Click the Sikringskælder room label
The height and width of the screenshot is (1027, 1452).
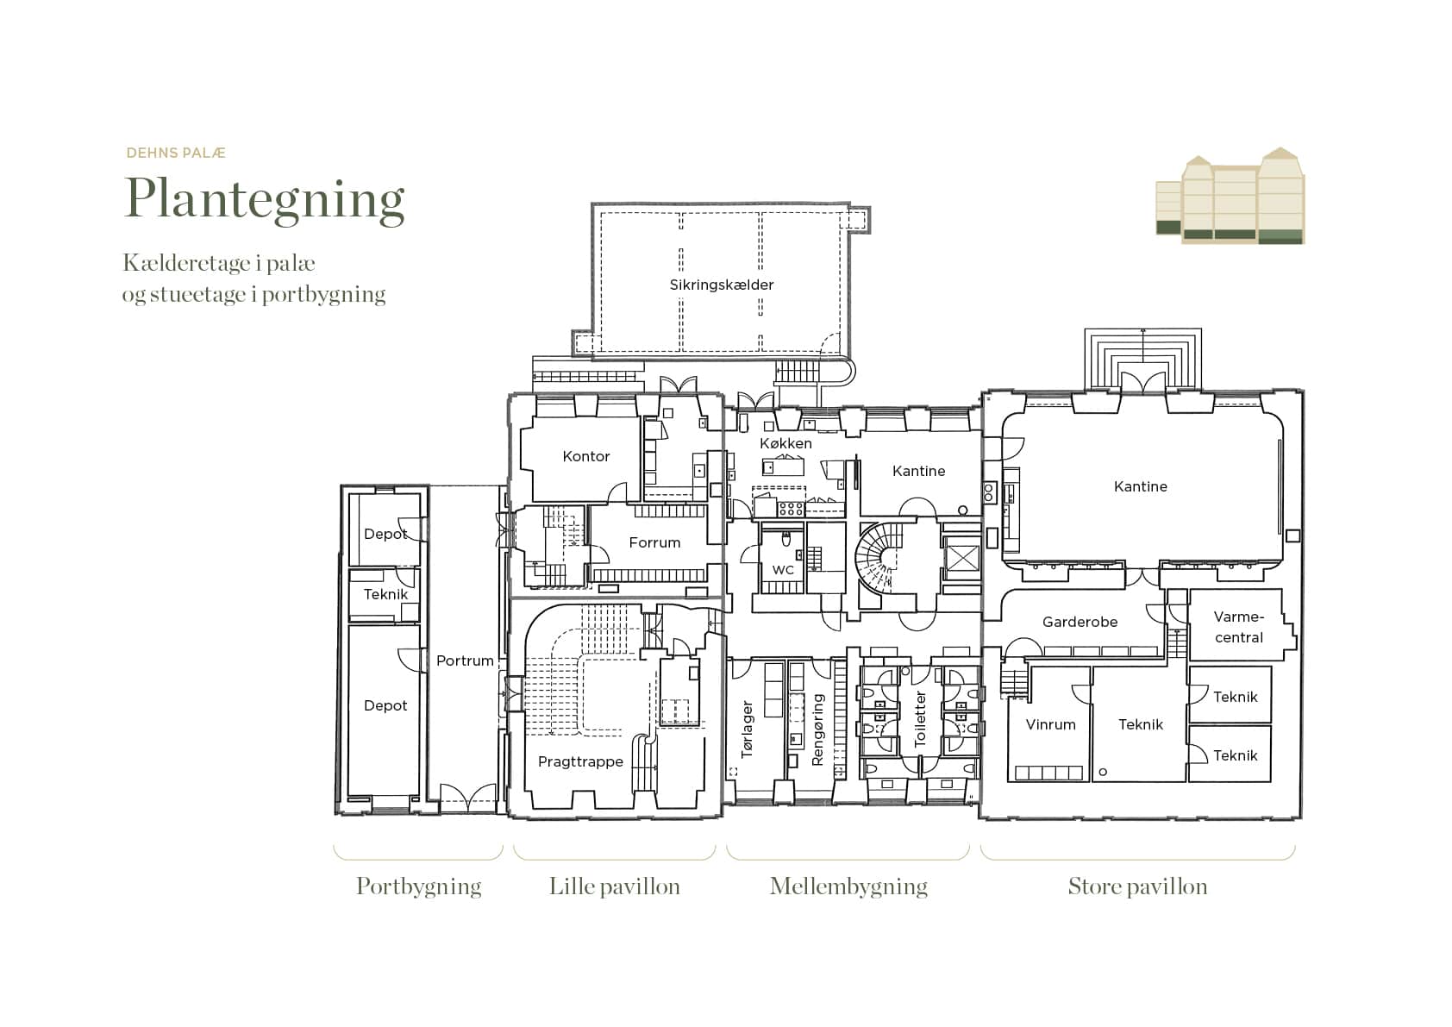point(722,285)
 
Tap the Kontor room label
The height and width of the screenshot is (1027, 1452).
point(586,456)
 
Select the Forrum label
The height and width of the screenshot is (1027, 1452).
point(654,542)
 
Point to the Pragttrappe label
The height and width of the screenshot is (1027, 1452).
point(581,761)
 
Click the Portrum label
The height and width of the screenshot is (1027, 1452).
point(465,661)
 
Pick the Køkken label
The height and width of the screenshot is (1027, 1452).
point(785,443)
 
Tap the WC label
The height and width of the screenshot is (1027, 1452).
point(783,570)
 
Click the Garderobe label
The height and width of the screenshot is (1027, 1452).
point(1080,622)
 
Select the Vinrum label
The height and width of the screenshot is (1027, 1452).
point(1051,724)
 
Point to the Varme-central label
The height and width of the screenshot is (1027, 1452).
point(1239,627)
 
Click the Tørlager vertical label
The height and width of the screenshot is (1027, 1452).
point(747,729)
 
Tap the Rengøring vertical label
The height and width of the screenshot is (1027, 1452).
point(817,730)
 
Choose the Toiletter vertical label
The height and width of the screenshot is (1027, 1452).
point(920,719)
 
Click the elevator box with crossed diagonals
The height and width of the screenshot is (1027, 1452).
point(962,558)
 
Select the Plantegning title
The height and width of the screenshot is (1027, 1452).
point(265,200)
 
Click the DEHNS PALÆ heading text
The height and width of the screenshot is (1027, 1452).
point(176,153)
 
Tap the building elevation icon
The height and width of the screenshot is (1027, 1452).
point(1230,196)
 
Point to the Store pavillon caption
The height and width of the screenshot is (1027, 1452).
point(1137,886)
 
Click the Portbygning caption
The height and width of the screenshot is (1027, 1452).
point(419,887)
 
